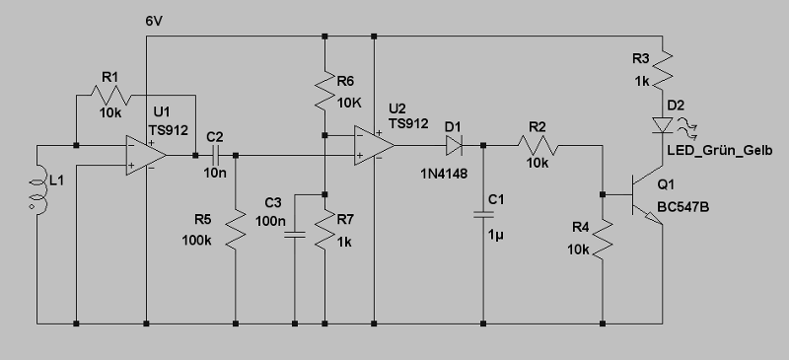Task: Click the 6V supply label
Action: [x=154, y=21]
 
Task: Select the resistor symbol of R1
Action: [x=111, y=95]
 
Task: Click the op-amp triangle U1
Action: [x=146, y=155]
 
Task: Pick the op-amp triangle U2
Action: [x=375, y=146]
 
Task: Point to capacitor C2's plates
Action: [x=215, y=156]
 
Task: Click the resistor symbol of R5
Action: [x=236, y=229]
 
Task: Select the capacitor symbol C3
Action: [x=295, y=235]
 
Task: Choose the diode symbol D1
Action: [x=454, y=146]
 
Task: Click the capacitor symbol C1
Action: [x=483, y=215]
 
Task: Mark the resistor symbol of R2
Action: [x=538, y=146]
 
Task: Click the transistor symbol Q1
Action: [x=647, y=194]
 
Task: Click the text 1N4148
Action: [x=444, y=175]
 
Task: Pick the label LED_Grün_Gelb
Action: [x=720, y=151]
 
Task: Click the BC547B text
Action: [x=683, y=207]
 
